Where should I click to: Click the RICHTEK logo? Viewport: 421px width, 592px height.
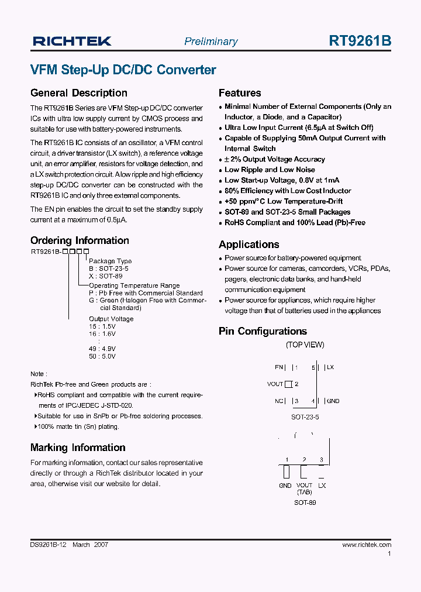pos(72,41)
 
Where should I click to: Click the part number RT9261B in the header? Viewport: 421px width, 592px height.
pos(360,41)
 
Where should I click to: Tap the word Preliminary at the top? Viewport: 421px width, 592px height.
pos(210,42)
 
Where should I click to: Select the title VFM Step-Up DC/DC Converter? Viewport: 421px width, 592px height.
pos(123,70)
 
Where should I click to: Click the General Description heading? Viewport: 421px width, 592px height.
pos(78,93)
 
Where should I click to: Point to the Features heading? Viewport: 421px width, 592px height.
pos(240,93)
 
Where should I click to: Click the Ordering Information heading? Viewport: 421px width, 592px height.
pos(80,240)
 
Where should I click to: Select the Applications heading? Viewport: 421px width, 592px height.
pos(249,245)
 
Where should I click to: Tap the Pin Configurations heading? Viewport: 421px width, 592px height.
pos(263,331)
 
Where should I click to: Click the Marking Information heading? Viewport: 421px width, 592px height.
pos(78,448)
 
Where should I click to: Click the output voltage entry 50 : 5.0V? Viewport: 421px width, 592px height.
pos(102,356)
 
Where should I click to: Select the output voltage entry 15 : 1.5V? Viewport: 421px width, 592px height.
pos(102,326)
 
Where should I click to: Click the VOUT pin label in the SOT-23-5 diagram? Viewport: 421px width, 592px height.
pos(275,384)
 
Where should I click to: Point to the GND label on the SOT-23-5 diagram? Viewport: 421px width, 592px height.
pos(333,401)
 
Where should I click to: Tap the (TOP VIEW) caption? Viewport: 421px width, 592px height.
pos(305,345)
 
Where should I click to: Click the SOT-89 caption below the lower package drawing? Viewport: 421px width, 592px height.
pos(305,502)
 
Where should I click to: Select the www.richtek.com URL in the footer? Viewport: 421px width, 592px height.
pos(367,545)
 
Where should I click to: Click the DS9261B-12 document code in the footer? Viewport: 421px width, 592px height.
pos(49,545)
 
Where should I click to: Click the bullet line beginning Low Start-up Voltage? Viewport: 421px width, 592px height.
pos(282,180)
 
